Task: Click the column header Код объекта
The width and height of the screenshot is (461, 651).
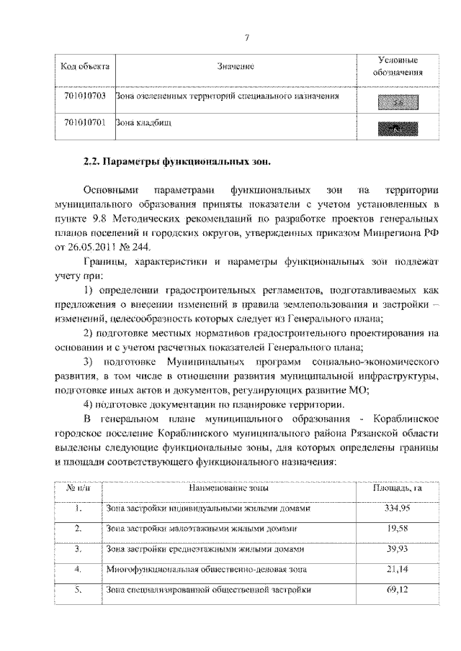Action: tap(84, 66)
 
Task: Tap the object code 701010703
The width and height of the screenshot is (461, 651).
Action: tap(84, 96)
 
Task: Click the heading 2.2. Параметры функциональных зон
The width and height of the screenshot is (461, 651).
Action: tap(176, 161)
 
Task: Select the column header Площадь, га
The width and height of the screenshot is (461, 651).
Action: tap(396, 488)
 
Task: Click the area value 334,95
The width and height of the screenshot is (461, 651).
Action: tap(396, 509)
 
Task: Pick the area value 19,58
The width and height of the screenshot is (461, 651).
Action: tap(396, 529)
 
